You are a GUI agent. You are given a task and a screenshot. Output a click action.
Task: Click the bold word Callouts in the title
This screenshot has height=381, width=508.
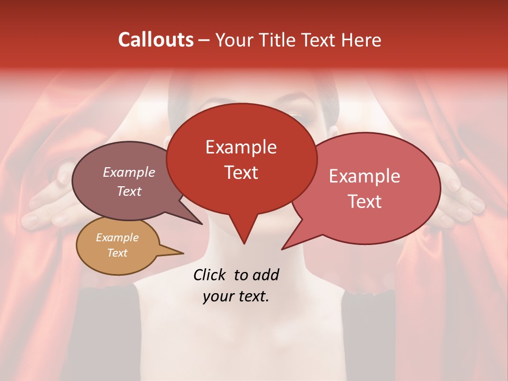(x=156, y=40)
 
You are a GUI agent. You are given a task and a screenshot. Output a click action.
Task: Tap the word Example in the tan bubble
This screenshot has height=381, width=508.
(x=117, y=238)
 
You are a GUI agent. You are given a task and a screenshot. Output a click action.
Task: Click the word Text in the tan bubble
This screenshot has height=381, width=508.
(x=117, y=253)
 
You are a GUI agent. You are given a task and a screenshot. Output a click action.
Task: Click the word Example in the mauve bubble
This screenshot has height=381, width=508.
(x=129, y=172)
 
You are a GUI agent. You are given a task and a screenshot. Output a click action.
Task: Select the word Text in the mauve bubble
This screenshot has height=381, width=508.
(x=129, y=191)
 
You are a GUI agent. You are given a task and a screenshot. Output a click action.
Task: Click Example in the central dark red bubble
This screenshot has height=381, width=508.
(x=241, y=147)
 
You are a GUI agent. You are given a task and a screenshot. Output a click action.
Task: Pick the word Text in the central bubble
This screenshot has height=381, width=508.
(x=241, y=172)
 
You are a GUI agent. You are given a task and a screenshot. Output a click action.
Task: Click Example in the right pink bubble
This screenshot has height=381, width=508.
(x=365, y=176)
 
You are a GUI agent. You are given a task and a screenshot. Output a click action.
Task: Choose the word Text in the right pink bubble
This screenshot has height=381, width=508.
(x=365, y=202)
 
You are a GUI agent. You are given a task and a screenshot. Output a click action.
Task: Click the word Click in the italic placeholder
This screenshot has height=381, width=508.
(x=210, y=275)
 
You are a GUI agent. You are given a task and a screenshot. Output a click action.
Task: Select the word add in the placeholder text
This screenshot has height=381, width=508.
(x=266, y=275)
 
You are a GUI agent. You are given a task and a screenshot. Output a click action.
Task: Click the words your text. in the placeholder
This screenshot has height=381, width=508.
(x=236, y=296)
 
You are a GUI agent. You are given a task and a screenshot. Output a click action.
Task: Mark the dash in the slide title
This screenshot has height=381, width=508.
(x=205, y=40)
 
